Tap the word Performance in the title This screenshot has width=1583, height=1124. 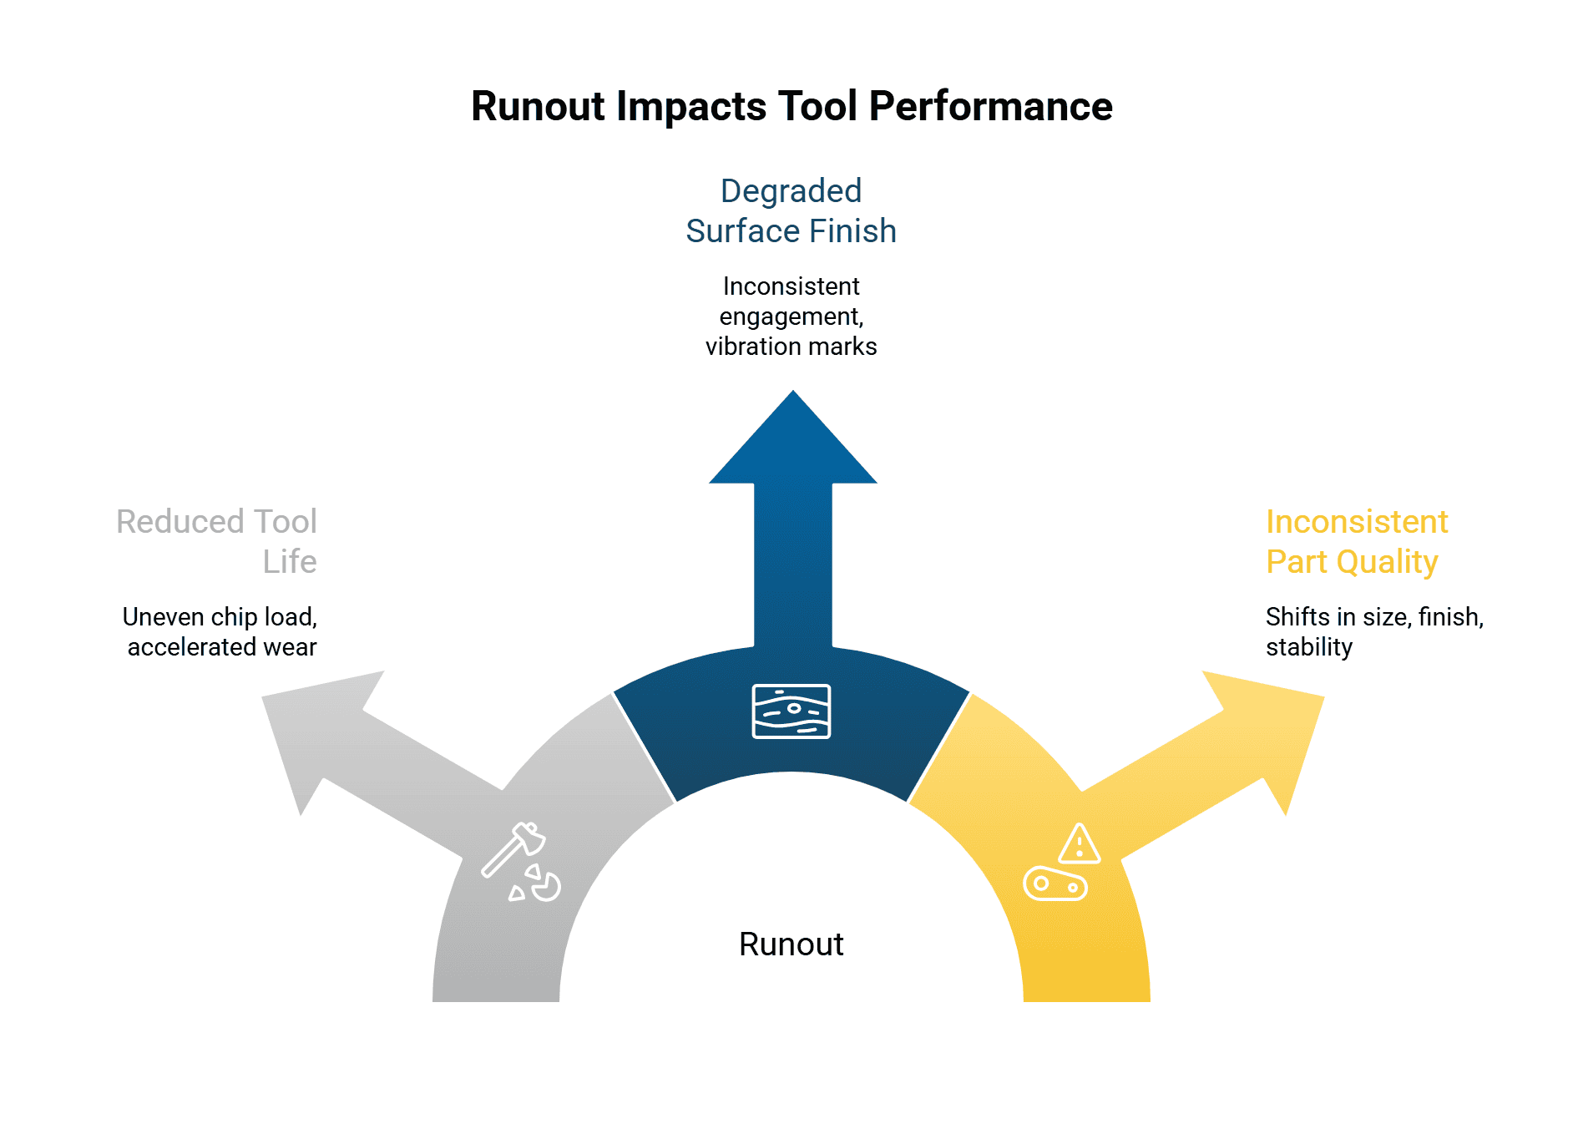click(x=990, y=107)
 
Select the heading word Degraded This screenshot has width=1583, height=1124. click(x=791, y=191)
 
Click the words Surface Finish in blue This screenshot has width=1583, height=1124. click(x=791, y=231)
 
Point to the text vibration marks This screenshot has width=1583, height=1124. click(x=791, y=347)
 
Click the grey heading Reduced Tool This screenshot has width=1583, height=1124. click(x=216, y=522)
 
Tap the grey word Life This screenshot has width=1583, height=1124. click(x=289, y=562)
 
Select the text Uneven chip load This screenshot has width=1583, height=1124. click(x=219, y=617)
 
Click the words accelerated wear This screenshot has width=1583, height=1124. click(x=221, y=647)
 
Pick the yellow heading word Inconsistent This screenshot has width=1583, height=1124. click(x=1356, y=522)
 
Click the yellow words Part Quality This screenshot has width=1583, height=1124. click(x=1351, y=562)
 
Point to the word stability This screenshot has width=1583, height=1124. click(x=1308, y=647)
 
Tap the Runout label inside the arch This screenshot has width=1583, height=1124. click(x=791, y=944)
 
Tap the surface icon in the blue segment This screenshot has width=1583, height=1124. click(x=791, y=711)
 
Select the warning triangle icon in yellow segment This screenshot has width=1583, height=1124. click(x=1079, y=844)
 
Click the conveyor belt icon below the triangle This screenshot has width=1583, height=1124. click(x=1054, y=884)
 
